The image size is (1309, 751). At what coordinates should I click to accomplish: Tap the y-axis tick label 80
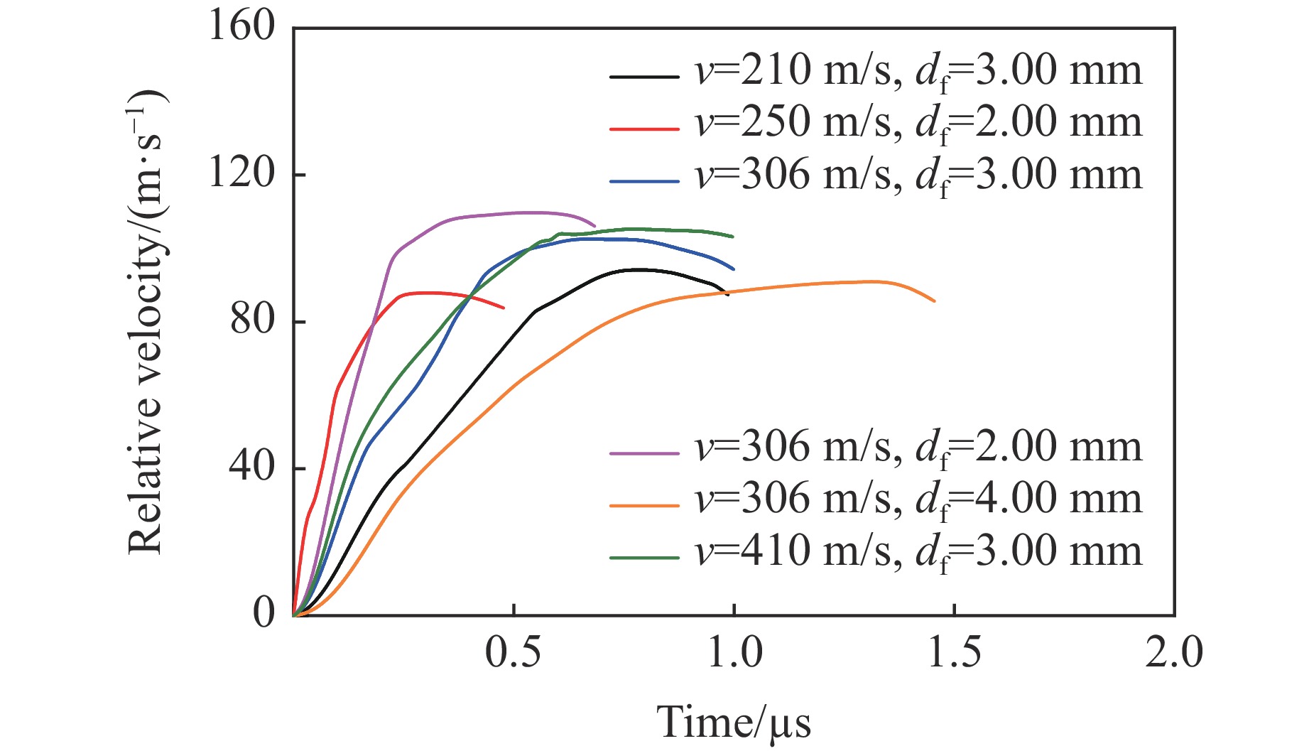[252, 320]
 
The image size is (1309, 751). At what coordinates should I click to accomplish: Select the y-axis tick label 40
[252, 468]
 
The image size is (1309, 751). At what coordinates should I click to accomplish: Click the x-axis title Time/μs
[733, 723]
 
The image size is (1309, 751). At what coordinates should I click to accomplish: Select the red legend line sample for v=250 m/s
[644, 129]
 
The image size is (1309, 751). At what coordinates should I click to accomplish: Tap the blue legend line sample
[644, 182]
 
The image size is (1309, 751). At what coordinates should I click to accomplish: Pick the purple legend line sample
[644, 453]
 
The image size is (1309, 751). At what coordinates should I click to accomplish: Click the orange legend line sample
[644, 505]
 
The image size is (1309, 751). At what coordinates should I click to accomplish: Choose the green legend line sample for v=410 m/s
[644, 558]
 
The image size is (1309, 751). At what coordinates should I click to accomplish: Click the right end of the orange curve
[934, 301]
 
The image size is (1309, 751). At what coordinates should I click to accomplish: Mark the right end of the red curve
[504, 308]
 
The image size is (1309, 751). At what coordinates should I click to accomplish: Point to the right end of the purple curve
[594, 226]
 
